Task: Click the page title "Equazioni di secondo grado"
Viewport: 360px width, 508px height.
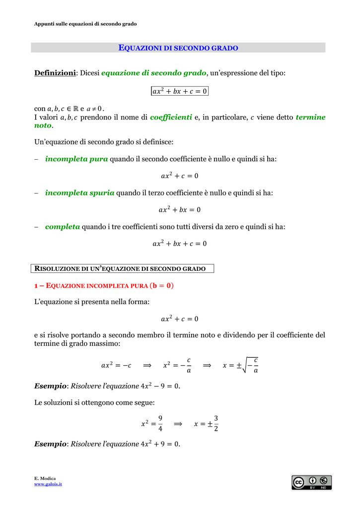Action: coord(179,48)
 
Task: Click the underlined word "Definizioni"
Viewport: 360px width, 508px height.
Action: coord(55,73)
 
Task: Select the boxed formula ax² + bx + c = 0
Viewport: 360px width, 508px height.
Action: coord(179,91)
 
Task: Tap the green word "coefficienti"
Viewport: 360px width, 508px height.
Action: coord(171,117)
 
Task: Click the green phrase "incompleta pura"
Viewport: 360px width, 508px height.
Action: coord(76,159)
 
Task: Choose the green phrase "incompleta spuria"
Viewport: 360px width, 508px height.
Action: coord(79,192)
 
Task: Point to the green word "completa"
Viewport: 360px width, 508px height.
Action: coord(63,227)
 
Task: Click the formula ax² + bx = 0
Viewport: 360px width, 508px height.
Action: coord(179,210)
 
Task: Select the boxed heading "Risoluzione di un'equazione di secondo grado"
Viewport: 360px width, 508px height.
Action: coord(123,269)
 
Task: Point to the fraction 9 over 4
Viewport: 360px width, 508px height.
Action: coord(160,423)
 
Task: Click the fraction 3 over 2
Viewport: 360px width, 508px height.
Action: coord(216,423)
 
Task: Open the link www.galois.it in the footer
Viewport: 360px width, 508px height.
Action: coord(48,484)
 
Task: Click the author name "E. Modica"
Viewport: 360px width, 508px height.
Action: coord(45,478)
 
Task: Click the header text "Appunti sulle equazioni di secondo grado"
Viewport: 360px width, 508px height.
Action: coord(85,24)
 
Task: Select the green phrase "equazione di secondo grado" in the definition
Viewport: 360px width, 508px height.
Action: coord(153,73)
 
